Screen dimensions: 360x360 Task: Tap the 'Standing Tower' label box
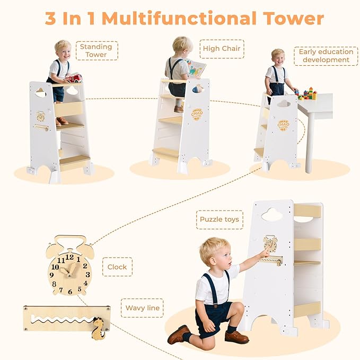96,50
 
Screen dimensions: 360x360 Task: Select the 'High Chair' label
222,49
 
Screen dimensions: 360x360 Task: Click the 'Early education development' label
326,56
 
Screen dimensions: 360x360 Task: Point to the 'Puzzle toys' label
219,219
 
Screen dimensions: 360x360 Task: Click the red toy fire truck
73,78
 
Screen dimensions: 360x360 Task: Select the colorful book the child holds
196,68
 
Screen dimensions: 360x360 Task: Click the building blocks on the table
306,94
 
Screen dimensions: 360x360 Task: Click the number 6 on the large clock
69,291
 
